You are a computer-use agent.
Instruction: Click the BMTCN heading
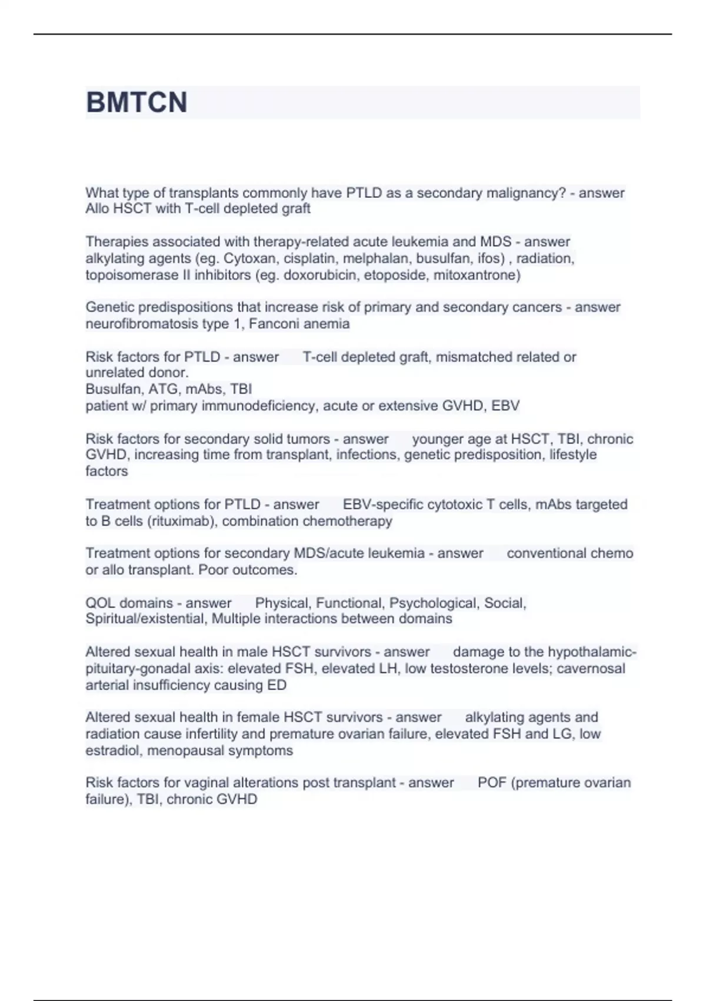pyautogui.click(x=136, y=102)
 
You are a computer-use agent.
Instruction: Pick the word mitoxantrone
pyautogui.click(x=475, y=275)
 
